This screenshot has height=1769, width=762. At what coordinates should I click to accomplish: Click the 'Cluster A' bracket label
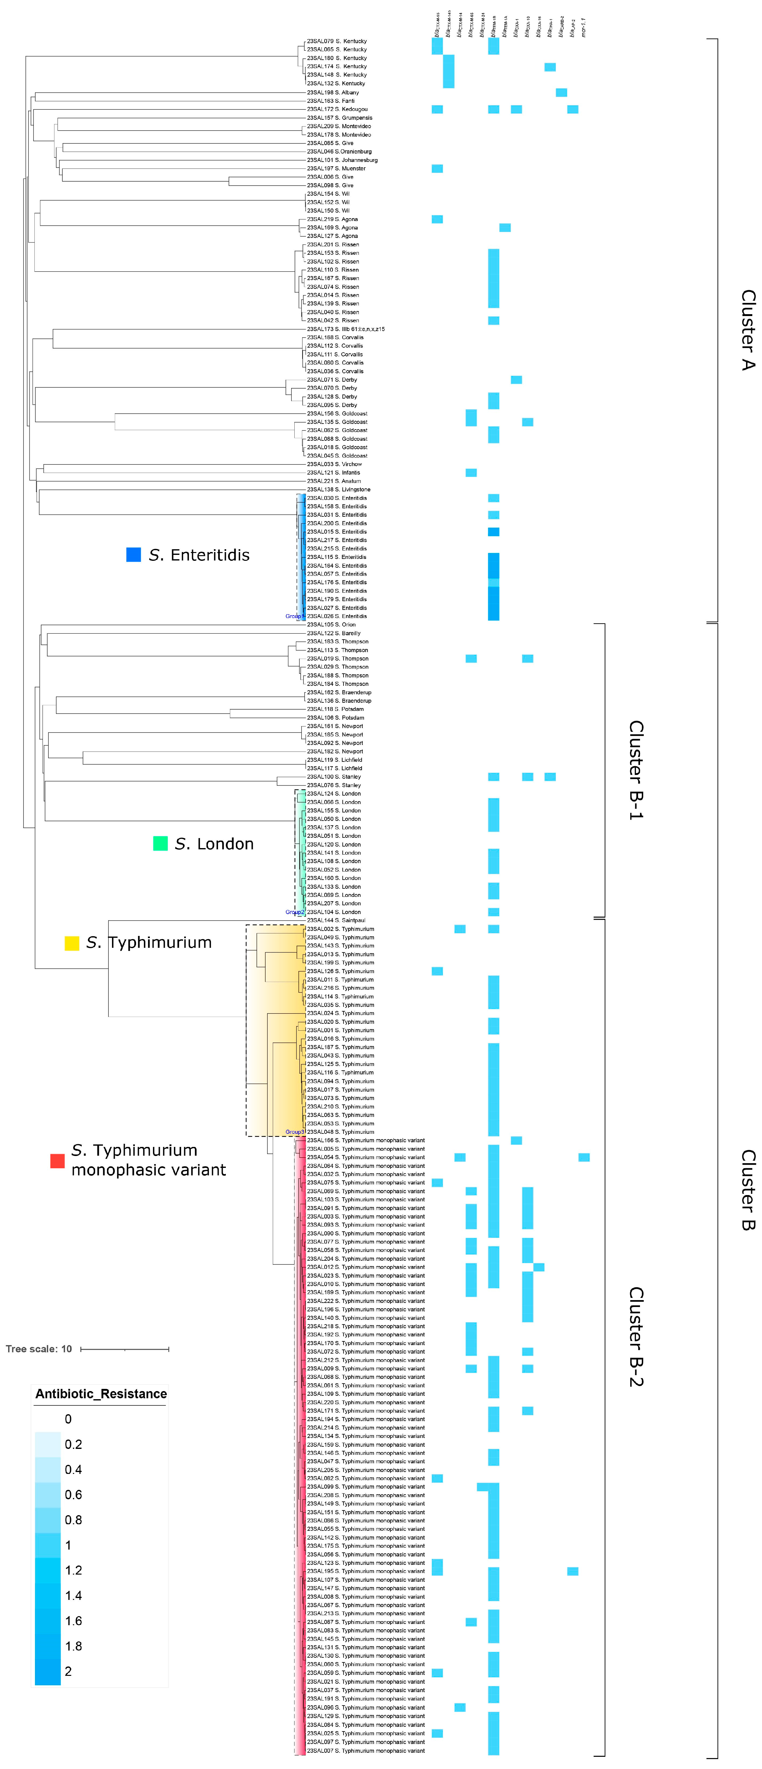tap(748, 329)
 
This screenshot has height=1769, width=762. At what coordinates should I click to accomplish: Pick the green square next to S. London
tap(160, 843)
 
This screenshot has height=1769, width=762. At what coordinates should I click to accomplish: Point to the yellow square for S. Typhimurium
tap(71, 943)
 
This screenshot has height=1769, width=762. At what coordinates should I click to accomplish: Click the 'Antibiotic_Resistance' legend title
tap(101, 1393)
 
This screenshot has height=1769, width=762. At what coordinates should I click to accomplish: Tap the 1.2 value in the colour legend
tap(73, 1570)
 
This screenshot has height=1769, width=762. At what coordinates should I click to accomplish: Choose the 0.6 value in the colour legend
tap(73, 1494)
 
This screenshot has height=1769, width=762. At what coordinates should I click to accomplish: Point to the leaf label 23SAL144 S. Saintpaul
tap(336, 920)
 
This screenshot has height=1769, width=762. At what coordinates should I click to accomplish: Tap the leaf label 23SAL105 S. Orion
tap(331, 624)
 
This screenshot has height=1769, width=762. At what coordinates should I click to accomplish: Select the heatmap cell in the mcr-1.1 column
tap(584, 1157)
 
